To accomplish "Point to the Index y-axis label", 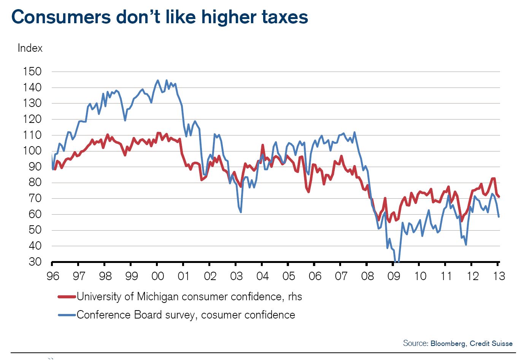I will tap(30, 48).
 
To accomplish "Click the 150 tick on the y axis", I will tap(32, 72).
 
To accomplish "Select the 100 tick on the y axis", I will tap(32, 151).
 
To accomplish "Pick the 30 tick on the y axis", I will tap(35, 262).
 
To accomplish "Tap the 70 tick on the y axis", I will tap(35, 198).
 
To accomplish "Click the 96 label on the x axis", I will tap(53, 276).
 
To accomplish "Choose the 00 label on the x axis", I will tap(157, 276).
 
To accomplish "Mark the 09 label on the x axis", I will tap(394, 276).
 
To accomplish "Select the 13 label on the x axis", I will tap(499, 276).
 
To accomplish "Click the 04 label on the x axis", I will tap(262, 276).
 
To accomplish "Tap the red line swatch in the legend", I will tap(67, 297).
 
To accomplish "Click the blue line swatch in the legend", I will tap(67, 315).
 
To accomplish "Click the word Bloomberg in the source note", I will tap(448, 344).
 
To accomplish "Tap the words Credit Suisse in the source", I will tap(491, 344).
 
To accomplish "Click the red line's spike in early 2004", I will tap(263, 145).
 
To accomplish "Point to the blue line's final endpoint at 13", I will tap(499, 217).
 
